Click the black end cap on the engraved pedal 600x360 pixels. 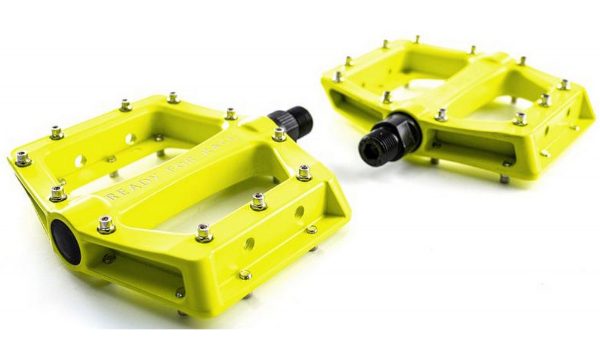click(x=65, y=241)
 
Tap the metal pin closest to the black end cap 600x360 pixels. click(x=106, y=224)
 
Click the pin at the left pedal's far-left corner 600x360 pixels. click(x=23, y=158)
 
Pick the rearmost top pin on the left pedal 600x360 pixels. click(x=173, y=97)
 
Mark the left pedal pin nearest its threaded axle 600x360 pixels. click(x=279, y=133)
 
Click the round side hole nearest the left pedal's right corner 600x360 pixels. click(x=299, y=212)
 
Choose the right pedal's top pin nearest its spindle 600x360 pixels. click(x=441, y=114)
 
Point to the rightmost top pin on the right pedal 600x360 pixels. click(x=564, y=84)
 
